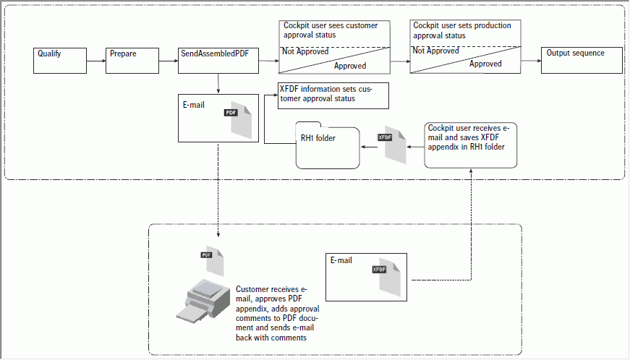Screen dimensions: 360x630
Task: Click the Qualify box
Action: coord(61,61)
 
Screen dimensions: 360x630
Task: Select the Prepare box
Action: coord(132,61)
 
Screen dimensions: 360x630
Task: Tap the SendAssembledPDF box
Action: coord(218,61)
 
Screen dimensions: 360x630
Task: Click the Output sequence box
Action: coord(582,61)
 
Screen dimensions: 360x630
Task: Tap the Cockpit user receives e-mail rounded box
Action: coord(471,145)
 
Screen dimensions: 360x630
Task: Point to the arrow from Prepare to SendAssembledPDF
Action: coord(168,61)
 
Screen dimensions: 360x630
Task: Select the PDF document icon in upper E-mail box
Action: coord(239,118)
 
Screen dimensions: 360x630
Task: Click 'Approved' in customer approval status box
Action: coord(349,66)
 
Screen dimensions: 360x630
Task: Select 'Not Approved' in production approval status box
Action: coord(435,51)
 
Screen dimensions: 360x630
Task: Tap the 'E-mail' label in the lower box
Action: coord(341,260)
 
